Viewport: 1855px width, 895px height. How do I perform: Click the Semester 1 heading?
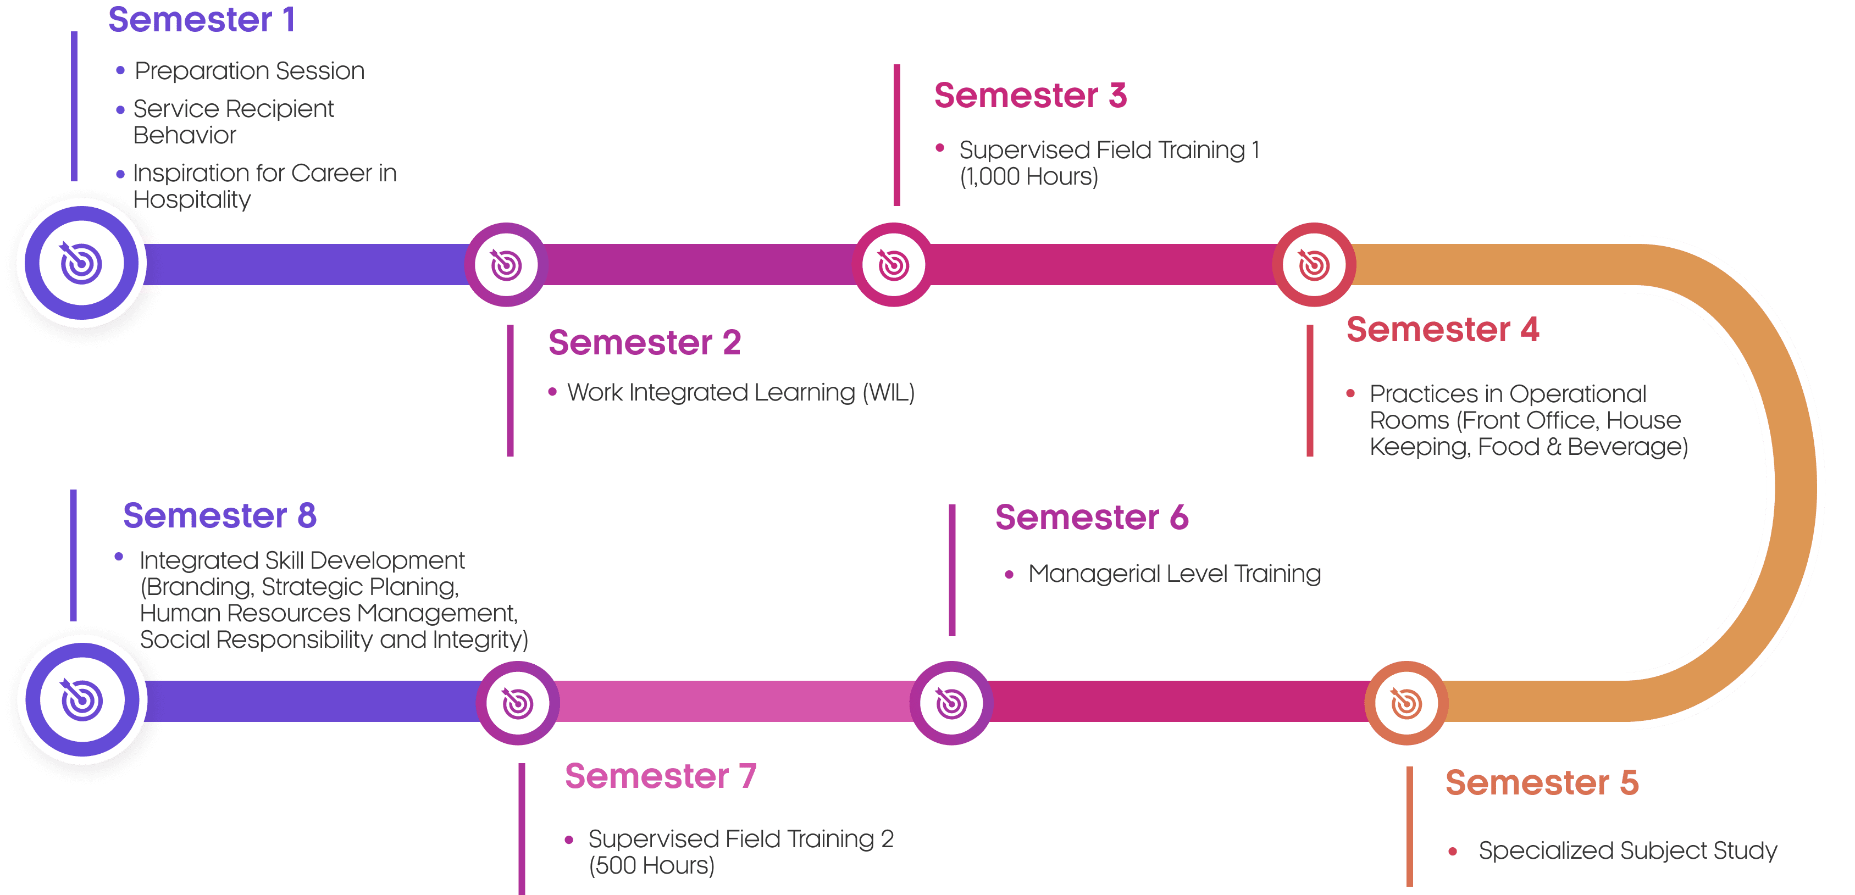(x=202, y=19)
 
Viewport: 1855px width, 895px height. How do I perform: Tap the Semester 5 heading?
(x=1542, y=783)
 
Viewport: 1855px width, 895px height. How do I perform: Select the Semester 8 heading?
(x=220, y=515)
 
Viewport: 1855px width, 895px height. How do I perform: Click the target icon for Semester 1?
(x=81, y=263)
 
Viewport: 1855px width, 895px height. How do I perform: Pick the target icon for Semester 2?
(x=506, y=264)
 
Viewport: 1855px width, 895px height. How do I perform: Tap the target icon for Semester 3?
(x=894, y=264)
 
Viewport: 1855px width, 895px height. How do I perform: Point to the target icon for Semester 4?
(x=1314, y=264)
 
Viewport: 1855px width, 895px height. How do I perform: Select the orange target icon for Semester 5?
(x=1407, y=703)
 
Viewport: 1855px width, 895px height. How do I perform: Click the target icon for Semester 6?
(x=951, y=703)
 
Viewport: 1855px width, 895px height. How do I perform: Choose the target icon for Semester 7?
(x=518, y=703)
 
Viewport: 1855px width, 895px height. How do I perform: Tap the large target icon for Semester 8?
(x=82, y=699)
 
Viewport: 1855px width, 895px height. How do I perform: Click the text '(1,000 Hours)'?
(x=1029, y=176)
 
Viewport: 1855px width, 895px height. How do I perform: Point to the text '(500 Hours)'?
(x=652, y=865)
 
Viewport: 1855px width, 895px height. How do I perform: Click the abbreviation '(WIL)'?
(x=889, y=392)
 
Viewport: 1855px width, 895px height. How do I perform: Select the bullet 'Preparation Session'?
(x=249, y=70)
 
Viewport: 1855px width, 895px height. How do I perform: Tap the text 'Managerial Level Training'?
(x=1175, y=574)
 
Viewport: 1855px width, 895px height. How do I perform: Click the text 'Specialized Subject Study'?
(x=1627, y=851)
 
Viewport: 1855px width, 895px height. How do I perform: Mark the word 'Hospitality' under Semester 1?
(x=192, y=199)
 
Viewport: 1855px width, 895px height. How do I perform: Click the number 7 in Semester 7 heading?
(x=747, y=776)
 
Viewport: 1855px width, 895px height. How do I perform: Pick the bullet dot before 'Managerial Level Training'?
(x=1009, y=575)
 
